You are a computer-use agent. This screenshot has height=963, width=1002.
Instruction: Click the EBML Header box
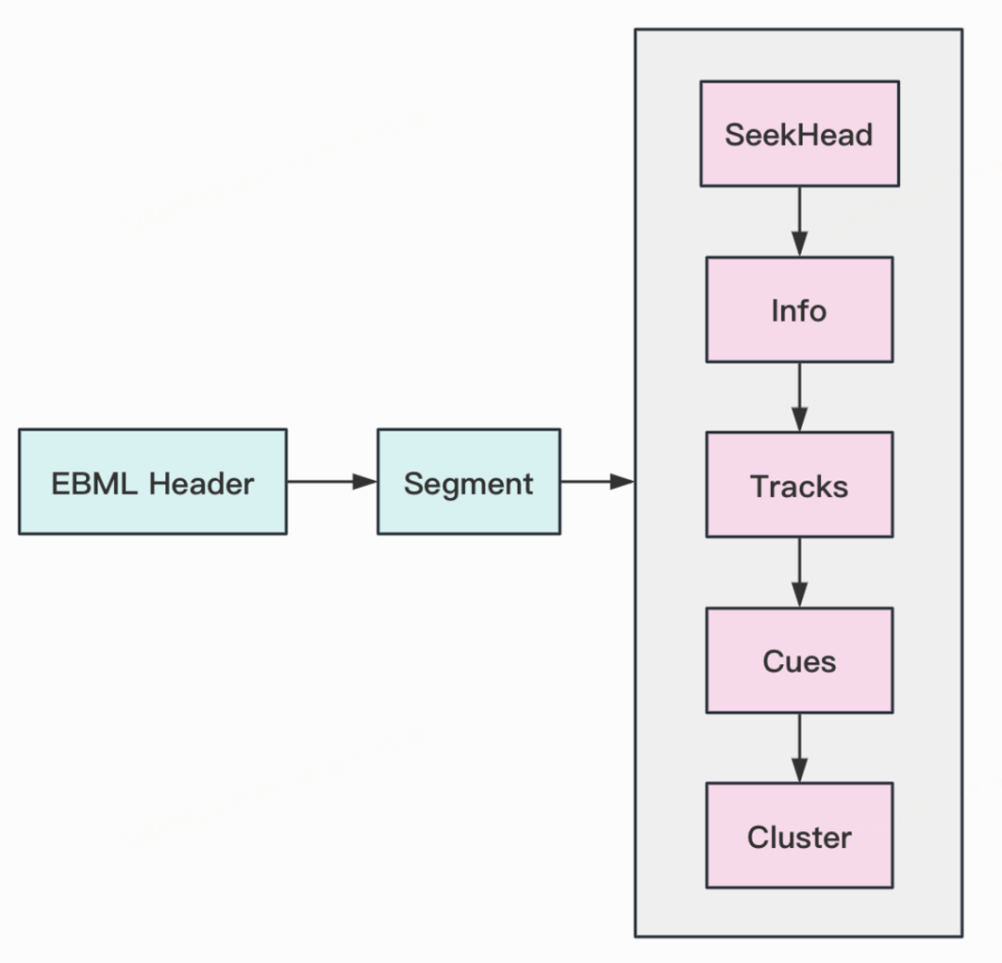pos(153,481)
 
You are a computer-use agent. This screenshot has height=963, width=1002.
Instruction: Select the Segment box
pos(469,481)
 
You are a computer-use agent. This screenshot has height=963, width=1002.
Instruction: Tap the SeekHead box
pos(800,134)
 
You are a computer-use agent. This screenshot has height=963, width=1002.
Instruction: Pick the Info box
pos(800,310)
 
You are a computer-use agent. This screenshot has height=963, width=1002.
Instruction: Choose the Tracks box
pos(800,485)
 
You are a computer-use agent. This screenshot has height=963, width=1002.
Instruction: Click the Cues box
pos(800,661)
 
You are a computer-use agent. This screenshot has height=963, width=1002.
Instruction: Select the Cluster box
pos(800,836)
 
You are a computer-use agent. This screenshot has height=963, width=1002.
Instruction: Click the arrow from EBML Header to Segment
pos(332,481)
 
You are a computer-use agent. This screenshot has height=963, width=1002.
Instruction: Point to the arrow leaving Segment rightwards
pos(597,481)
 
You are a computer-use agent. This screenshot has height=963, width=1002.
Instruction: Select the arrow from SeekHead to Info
pos(800,222)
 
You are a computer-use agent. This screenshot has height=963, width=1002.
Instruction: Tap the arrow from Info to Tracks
pos(800,397)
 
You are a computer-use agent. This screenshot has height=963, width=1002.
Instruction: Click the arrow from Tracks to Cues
pos(800,572)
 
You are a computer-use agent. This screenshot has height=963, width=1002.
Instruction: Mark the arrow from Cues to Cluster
pos(800,749)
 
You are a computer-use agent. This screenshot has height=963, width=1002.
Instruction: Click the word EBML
pos(94,483)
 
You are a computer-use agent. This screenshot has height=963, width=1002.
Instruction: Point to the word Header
pos(201,483)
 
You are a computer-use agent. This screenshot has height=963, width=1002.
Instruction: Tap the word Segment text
pos(469,484)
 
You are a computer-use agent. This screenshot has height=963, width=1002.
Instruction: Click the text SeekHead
pos(799,135)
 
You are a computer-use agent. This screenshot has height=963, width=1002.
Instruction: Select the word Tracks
pos(799,486)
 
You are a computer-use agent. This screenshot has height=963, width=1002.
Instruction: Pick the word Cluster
pos(800,837)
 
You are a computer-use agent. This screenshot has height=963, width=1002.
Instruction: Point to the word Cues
pos(800,661)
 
